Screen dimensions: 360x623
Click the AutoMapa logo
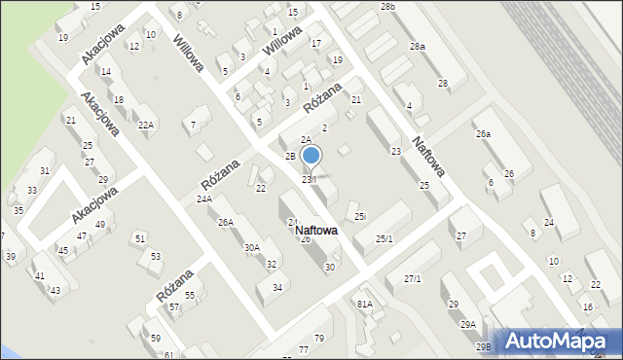(x=558, y=341)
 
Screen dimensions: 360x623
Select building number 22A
(x=146, y=125)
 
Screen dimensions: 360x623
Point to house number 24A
(x=203, y=199)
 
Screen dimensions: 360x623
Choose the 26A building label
(x=225, y=223)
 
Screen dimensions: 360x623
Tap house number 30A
(x=251, y=248)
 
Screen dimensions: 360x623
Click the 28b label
(x=388, y=7)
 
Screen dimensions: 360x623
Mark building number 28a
(x=417, y=47)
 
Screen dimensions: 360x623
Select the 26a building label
(x=482, y=134)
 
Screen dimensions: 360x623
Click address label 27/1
(x=412, y=279)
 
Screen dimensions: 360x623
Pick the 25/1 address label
(x=385, y=238)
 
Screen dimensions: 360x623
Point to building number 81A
(x=364, y=304)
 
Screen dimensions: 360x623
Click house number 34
(x=277, y=287)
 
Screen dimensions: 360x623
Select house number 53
(x=156, y=257)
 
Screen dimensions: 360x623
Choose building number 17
(x=315, y=44)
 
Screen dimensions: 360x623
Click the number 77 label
(x=304, y=348)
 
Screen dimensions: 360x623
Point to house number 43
(x=55, y=291)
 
